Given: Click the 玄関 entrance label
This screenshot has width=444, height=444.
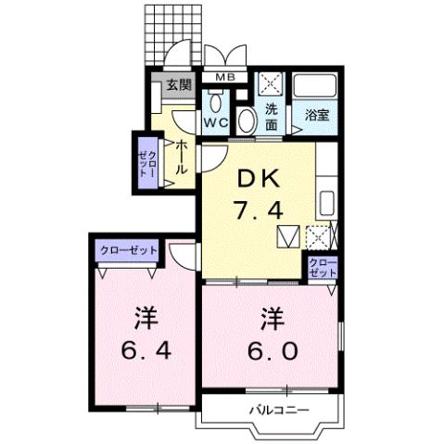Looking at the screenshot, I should click(x=179, y=85).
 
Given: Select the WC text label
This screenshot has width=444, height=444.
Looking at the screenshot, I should click(x=217, y=121).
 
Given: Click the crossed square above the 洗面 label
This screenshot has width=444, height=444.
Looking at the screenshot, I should click(x=271, y=84).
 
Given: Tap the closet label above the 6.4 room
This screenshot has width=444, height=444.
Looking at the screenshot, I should click(x=128, y=249).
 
